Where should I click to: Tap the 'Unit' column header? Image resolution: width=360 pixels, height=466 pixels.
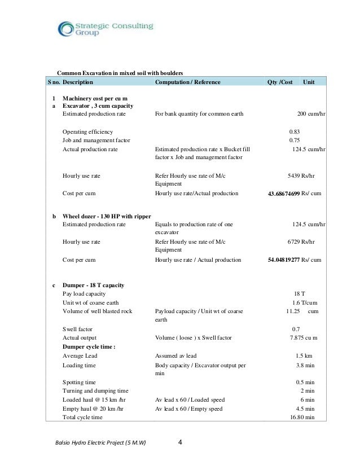pos(309,82)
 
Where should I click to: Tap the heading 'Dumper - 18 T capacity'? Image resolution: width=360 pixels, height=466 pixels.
pos(93,285)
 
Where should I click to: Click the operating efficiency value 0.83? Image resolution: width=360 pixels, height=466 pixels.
pos(294,131)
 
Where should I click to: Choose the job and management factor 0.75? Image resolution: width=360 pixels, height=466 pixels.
pos(294,140)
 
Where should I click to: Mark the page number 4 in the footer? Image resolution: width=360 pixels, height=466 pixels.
pos(180,442)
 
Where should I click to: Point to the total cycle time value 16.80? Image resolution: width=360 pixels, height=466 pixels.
pos(297,417)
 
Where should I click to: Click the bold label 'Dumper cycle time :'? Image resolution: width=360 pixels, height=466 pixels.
pos(89,346)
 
